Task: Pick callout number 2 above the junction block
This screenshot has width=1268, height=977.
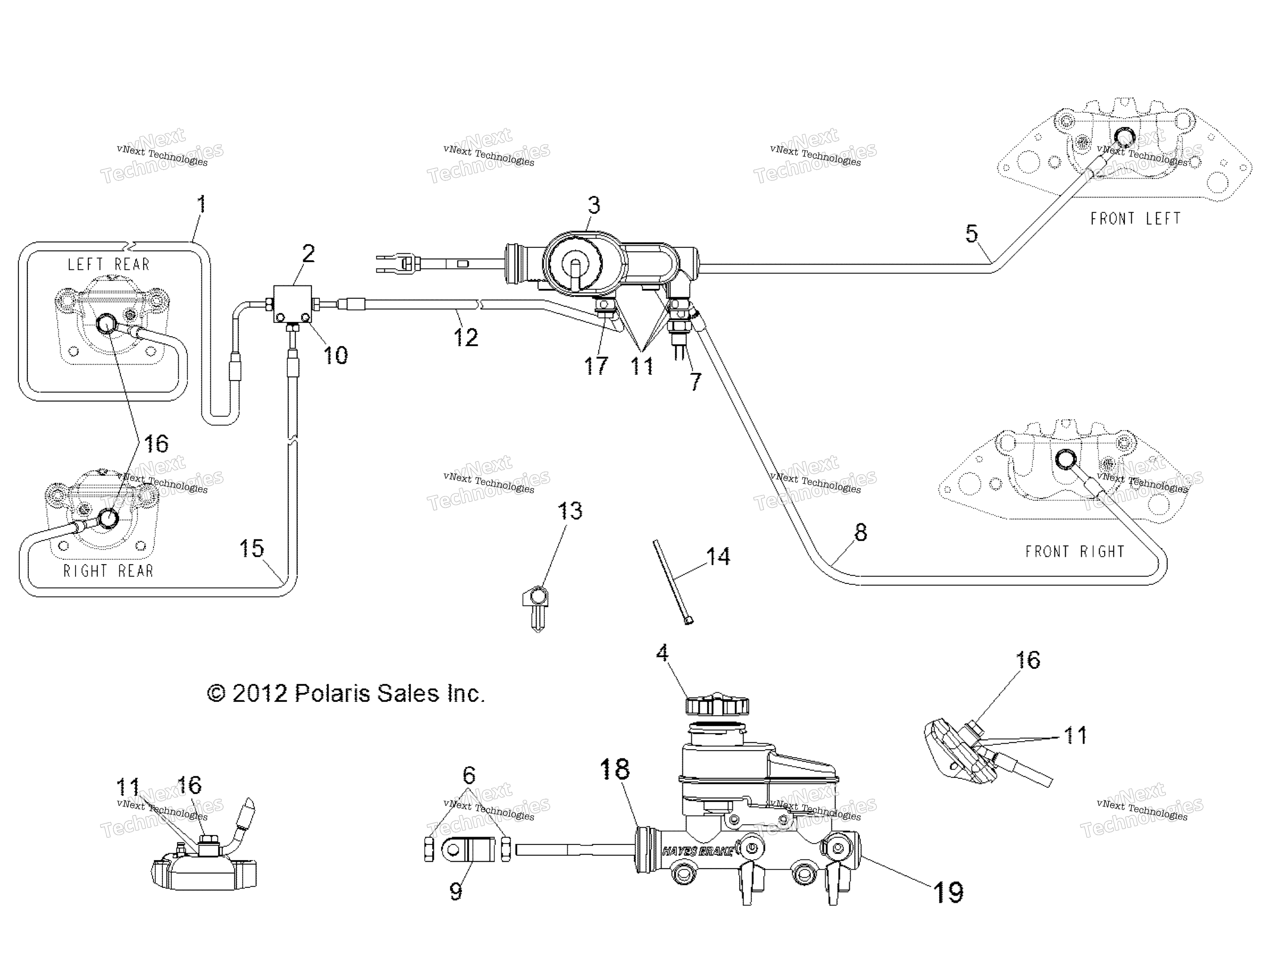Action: [x=308, y=253]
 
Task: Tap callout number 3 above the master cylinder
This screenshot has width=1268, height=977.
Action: [x=593, y=205]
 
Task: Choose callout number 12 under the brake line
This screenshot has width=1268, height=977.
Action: [x=466, y=337]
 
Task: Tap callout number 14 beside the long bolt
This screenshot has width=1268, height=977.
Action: [x=718, y=556]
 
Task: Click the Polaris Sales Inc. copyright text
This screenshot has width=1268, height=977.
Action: [x=346, y=693]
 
